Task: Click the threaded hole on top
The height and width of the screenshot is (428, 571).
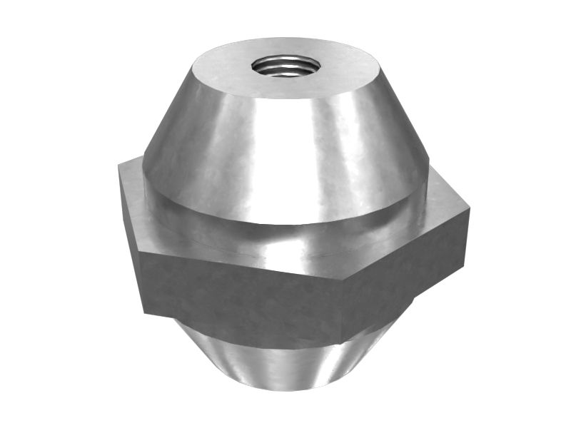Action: point(283,66)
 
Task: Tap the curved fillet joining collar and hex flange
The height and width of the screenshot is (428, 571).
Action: point(285,239)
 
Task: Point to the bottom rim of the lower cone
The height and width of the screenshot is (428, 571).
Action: point(285,389)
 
